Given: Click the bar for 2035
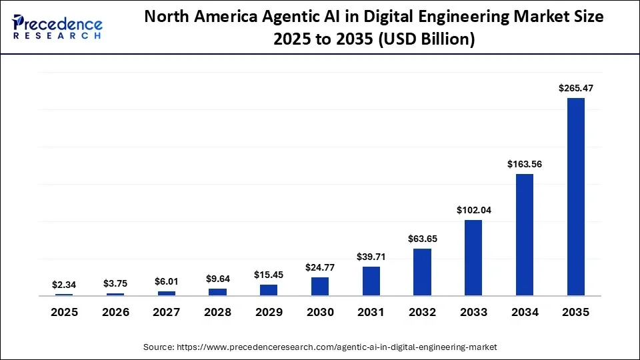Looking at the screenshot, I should coord(575,197).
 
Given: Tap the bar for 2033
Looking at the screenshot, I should coord(473,257).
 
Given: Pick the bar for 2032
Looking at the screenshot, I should coord(422,272).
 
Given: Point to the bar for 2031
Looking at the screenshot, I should coord(371,281).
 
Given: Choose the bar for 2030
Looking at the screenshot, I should coord(320,286).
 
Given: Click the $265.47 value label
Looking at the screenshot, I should coord(575,88).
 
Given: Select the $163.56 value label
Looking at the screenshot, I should coord(525,164).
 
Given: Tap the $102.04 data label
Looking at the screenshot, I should coord(473,209).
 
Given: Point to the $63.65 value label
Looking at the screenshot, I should coord(422,239).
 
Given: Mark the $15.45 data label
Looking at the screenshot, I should coord(269,275).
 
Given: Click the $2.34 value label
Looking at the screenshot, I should coord(65,284).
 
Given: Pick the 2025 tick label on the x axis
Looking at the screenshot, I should coord(65,312).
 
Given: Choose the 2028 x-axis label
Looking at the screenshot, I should coord(218,312).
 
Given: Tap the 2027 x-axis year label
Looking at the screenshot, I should coord(167,312).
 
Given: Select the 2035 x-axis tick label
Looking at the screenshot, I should coord(575,312).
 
